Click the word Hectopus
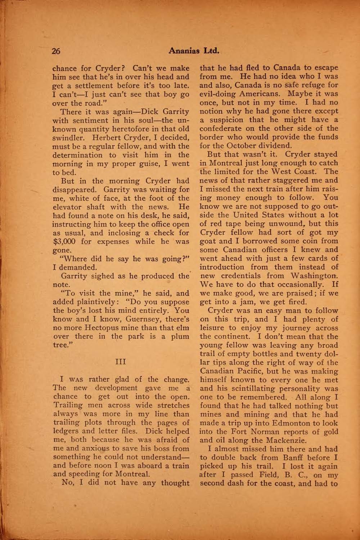103,328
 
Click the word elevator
68,207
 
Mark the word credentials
254,276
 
